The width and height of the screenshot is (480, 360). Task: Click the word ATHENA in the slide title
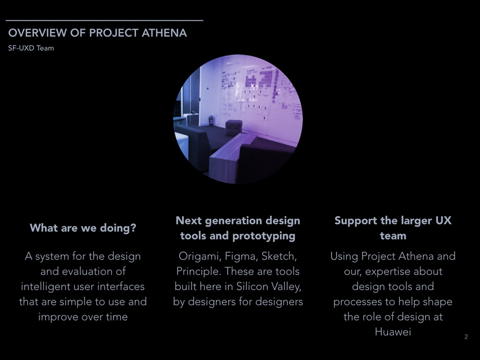[164, 33]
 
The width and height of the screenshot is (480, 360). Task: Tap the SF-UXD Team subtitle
[31, 48]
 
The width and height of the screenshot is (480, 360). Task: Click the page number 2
[466, 337]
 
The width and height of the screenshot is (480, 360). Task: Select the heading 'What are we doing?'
[83, 228]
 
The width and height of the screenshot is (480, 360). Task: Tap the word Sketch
[279, 256]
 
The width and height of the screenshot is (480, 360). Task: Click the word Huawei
[393, 332]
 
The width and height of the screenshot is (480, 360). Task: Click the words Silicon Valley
[269, 286]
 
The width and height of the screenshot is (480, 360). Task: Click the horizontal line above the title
[105, 21]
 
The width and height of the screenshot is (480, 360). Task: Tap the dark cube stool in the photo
[233, 127]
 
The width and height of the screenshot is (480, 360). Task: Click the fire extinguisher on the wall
[211, 120]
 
